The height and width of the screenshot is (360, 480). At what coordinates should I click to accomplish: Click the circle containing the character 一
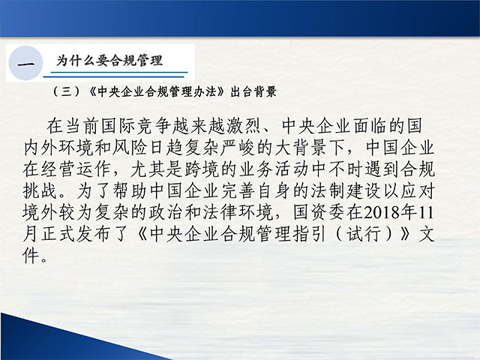25,63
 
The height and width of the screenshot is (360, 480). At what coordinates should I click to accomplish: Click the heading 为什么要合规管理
109,60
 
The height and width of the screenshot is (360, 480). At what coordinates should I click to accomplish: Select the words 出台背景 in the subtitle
253,91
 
